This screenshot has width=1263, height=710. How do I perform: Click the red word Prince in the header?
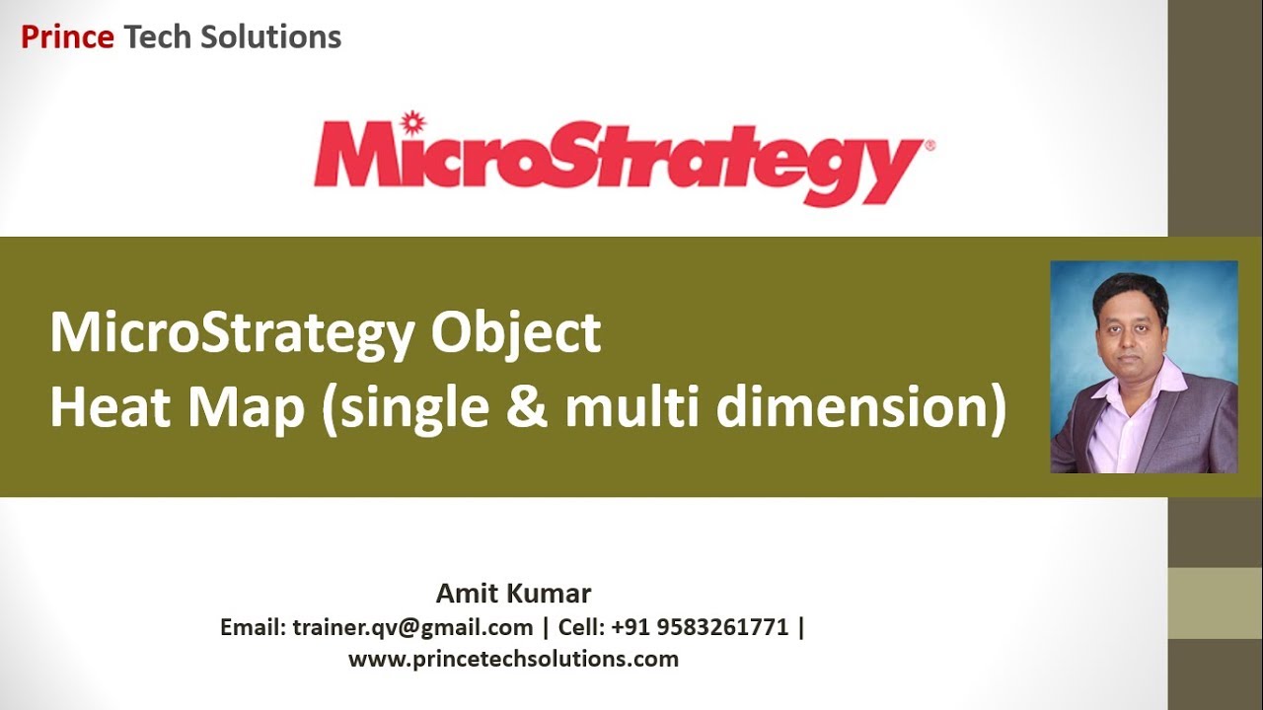point(67,37)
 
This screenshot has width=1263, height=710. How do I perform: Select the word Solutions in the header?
point(270,37)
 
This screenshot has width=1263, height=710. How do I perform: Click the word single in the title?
point(415,407)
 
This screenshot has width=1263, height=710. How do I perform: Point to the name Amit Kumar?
point(513,594)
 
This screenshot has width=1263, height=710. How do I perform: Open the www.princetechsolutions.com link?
point(513,659)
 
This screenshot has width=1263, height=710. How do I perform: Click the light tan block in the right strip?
point(1215,603)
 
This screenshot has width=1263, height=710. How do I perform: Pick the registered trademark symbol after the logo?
point(929,146)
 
